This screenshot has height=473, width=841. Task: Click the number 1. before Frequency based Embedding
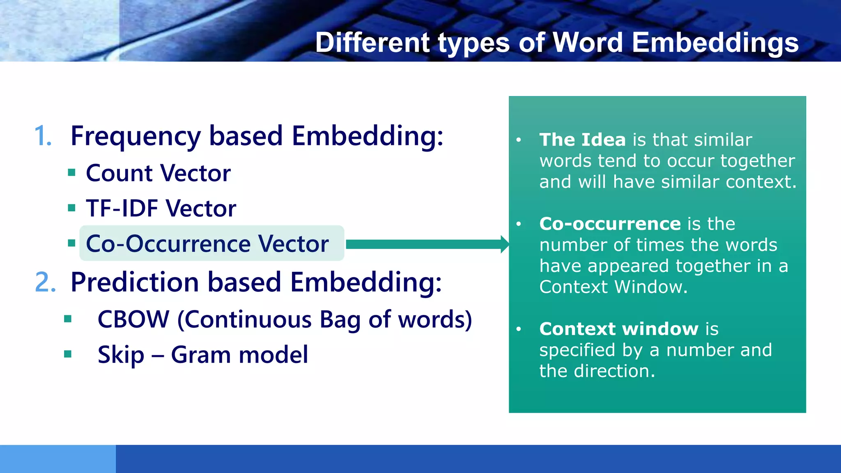pyautogui.click(x=43, y=136)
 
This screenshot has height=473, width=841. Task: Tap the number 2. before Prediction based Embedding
pyautogui.click(x=45, y=282)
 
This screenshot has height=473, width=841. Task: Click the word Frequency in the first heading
pyautogui.click(x=136, y=137)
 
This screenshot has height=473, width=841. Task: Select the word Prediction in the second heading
pyautogui.click(x=135, y=282)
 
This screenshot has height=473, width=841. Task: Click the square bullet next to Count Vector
pyautogui.click(x=72, y=172)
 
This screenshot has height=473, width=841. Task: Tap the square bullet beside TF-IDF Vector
pyautogui.click(x=72, y=208)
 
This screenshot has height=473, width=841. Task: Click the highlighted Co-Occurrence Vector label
pyautogui.click(x=207, y=243)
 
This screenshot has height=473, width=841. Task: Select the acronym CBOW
pyautogui.click(x=133, y=319)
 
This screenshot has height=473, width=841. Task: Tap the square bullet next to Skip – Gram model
pyautogui.click(x=68, y=354)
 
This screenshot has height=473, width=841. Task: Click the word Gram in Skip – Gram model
pyautogui.click(x=201, y=355)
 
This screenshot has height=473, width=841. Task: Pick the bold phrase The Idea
pyautogui.click(x=582, y=140)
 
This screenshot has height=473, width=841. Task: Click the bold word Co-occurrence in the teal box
pyautogui.click(x=610, y=224)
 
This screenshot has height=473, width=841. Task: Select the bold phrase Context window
pyautogui.click(x=618, y=329)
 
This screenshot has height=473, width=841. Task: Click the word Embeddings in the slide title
pyautogui.click(x=715, y=43)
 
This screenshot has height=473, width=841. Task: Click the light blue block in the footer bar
pyautogui.click(x=57, y=459)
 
